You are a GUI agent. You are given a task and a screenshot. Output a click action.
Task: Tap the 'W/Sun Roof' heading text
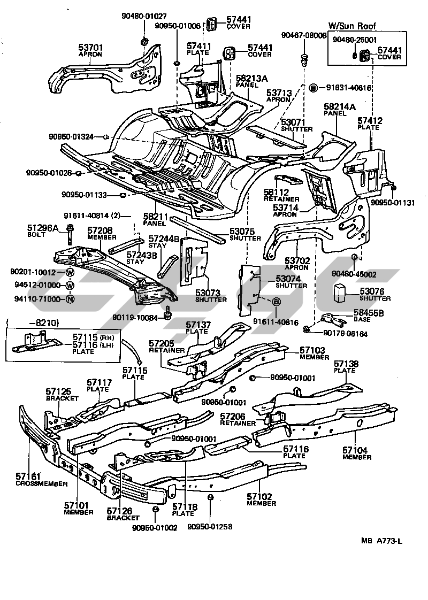[351, 26]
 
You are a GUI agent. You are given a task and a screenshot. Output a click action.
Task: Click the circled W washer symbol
[70, 273]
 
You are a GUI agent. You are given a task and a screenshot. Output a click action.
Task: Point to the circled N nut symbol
[70, 299]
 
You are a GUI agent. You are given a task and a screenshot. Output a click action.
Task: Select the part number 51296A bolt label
[43, 228]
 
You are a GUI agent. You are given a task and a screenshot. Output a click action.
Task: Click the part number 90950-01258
[210, 527]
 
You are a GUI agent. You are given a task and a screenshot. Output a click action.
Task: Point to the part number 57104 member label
[356, 451]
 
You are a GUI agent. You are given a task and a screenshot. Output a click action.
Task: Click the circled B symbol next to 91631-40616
[314, 87]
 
